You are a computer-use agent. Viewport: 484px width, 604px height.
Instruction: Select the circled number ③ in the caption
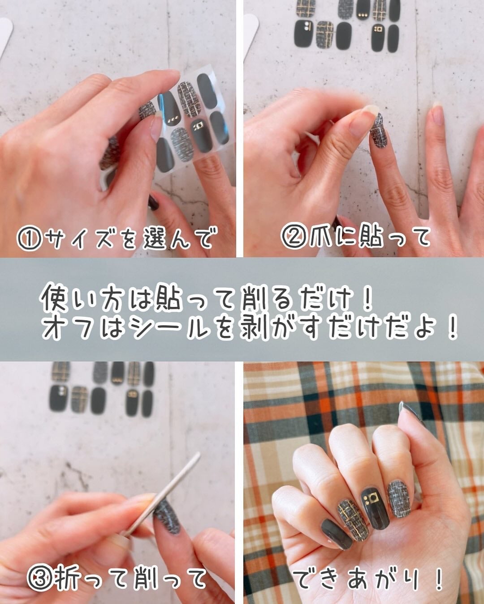point(40,578)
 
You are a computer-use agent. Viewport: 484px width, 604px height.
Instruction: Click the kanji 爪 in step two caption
point(321,237)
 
